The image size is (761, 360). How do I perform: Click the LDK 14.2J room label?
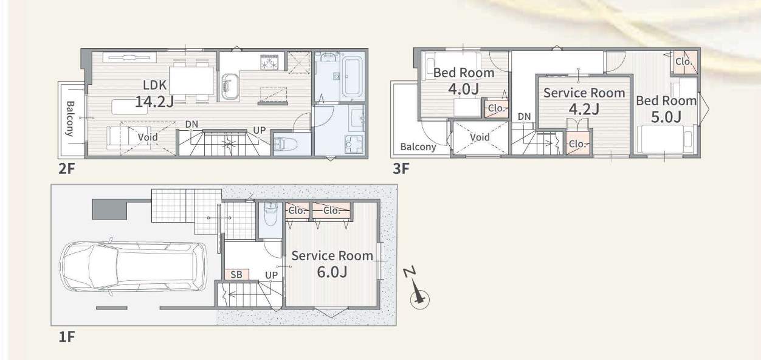[154, 94]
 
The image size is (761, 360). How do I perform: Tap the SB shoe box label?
[236, 274]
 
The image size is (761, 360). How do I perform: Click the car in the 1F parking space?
[133, 266]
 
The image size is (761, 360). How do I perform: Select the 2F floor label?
[66, 168]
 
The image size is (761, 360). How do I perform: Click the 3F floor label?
[401, 168]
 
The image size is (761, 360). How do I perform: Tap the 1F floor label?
[67, 337]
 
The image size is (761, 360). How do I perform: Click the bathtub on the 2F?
[353, 77]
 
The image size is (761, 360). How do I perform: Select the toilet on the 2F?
[286, 144]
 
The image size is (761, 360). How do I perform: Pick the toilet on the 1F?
[270, 214]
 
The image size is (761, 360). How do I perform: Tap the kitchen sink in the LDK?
[230, 87]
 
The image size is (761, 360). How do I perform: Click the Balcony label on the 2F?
[71, 119]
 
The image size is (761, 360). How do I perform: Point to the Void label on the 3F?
[480, 137]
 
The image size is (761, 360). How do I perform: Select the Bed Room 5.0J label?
[666, 109]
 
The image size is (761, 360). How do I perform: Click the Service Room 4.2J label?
[584, 101]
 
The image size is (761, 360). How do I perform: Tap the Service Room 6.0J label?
[332, 264]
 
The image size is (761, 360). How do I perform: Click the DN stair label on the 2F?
[191, 125]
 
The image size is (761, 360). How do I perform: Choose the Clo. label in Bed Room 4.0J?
[497, 108]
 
